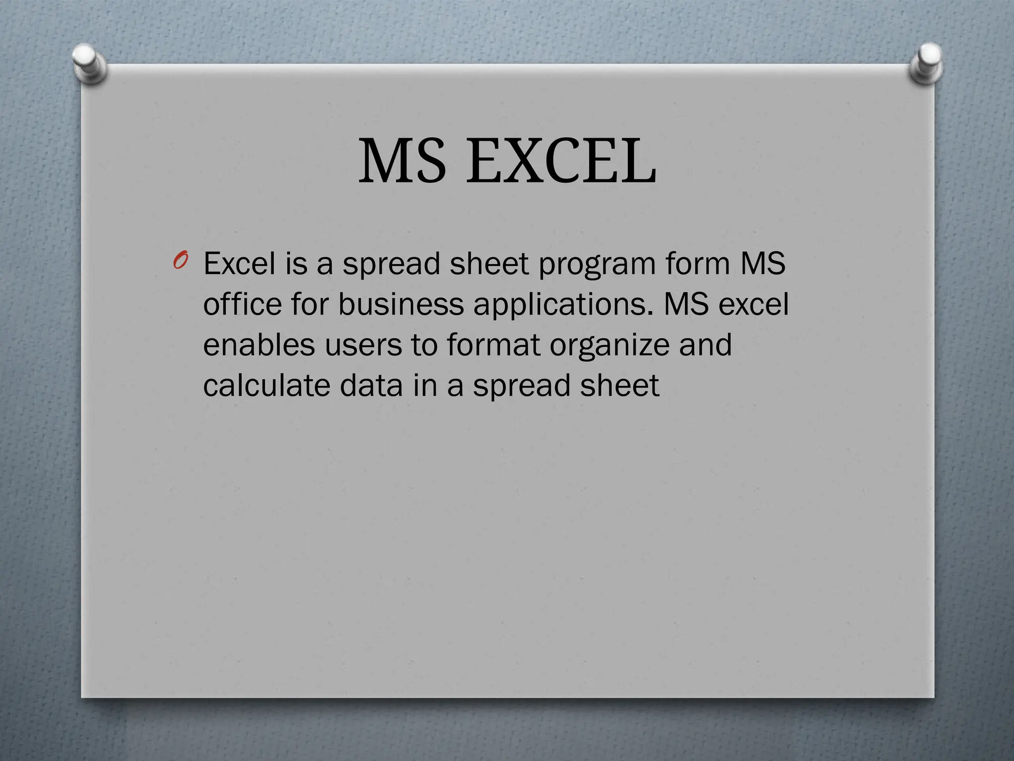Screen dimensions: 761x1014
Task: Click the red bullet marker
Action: pos(180,261)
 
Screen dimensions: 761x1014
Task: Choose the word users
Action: pos(363,345)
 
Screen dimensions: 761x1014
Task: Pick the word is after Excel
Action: pos(296,263)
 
